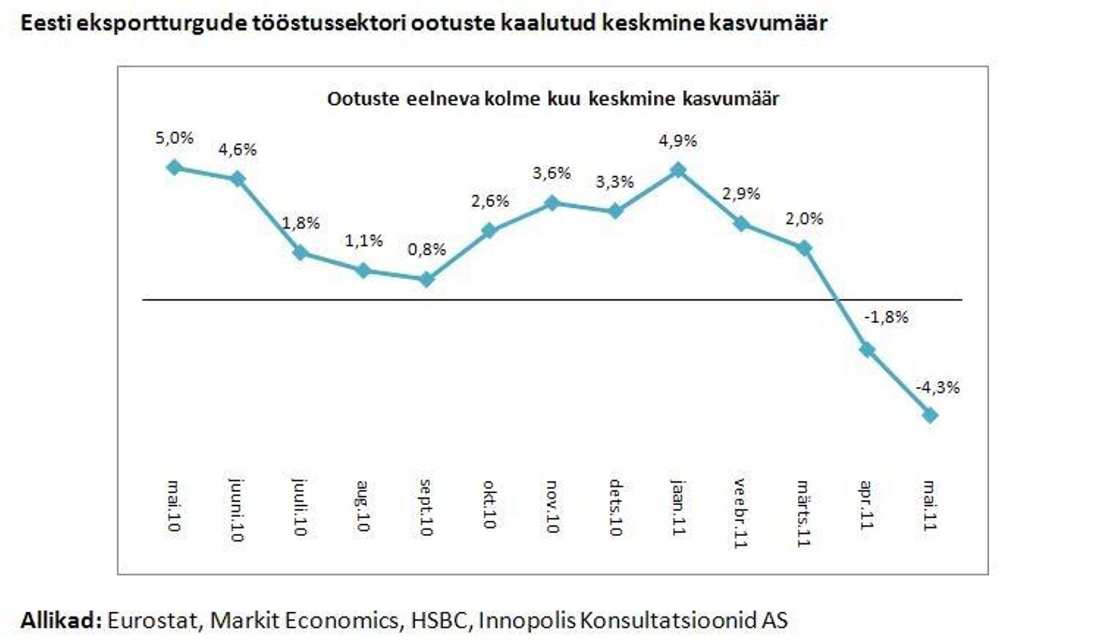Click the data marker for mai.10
coord(174,168)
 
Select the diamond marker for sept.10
coord(426,280)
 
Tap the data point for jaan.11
coord(678,170)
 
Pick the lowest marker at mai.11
coord(930,415)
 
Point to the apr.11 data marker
coord(867,350)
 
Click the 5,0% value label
coord(174,138)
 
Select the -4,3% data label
coord(937,388)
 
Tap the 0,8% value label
coord(427,249)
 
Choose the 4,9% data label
coord(678,141)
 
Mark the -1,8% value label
coord(886,317)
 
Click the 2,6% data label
coord(490,201)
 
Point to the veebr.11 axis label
coord(741,513)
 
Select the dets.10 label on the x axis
coord(615,508)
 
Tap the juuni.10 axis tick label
coord(237,510)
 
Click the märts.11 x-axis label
coord(804,513)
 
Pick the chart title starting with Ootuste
coord(552,99)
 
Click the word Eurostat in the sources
coord(153,620)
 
